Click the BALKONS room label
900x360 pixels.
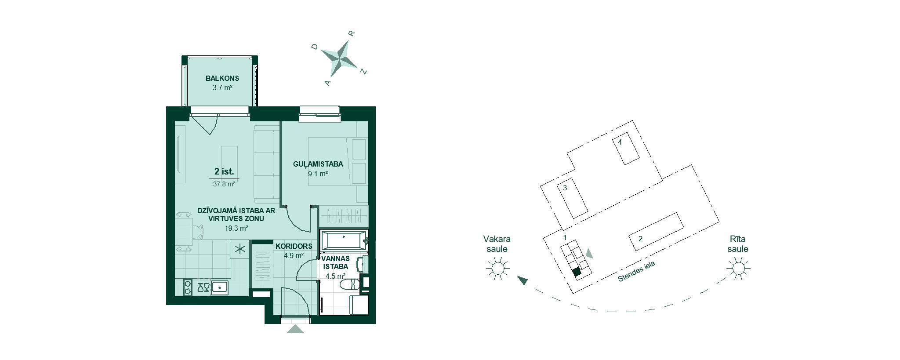[x=222, y=78]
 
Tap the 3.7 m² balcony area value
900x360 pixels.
[x=222, y=87]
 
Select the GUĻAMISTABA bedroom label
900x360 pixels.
[x=318, y=164]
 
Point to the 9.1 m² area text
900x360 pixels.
[x=318, y=174]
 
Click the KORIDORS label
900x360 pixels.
[x=294, y=246]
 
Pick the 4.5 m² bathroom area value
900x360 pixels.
[x=335, y=276]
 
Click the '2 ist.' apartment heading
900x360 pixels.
[x=224, y=171]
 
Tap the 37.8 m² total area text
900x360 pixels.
[x=224, y=184]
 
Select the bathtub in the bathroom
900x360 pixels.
[x=344, y=241]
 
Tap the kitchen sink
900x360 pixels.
[x=219, y=288]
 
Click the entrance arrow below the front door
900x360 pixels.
[x=295, y=329]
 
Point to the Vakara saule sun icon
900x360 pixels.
[x=497, y=268]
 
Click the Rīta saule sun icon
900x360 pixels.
[x=738, y=268]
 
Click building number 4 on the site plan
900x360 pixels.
[x=620, y=142]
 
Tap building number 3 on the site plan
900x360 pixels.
[x=565, y=188]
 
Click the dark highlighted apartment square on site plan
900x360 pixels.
[x=577, y=272]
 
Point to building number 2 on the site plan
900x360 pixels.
[x=640, y=239]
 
